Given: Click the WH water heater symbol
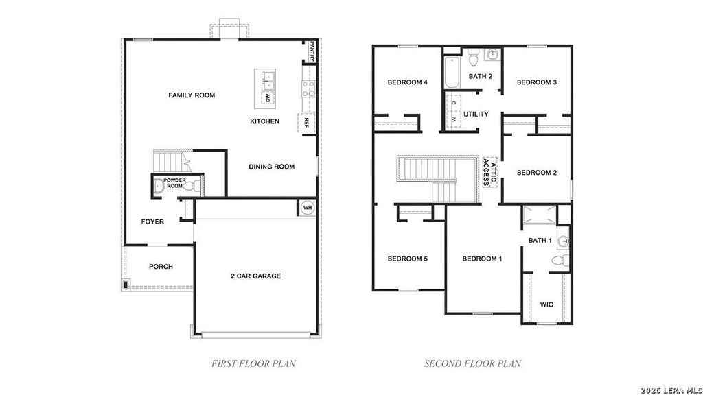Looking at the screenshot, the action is click(307, 208).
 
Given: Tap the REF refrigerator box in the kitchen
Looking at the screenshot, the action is click(306, 123).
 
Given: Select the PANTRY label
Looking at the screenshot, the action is click(312, 51).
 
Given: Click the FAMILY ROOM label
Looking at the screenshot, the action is click(192, 95).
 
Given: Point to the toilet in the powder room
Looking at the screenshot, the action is click(191, 186).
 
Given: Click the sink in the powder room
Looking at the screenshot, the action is click(158, 185).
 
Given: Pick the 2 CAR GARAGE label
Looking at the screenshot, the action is click(255, 276).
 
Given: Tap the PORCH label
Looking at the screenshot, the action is click(161, 267).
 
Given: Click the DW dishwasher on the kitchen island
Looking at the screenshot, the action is click(268, 98).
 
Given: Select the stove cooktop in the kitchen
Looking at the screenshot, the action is click(308, 88).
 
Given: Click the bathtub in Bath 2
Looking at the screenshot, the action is click(452, 72).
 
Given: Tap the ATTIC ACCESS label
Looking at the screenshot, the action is click(489, 171).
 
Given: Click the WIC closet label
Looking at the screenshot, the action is click(546, 304).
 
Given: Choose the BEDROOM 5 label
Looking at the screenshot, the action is click(407, 259).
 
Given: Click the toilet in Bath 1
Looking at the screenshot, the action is click(560, 261).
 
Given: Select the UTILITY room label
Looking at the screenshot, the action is click(476, 115).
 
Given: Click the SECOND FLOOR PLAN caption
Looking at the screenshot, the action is click(472, 363).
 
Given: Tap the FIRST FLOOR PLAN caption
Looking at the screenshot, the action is click(253, 363).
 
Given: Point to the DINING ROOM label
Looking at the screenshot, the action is click(272, 167).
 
